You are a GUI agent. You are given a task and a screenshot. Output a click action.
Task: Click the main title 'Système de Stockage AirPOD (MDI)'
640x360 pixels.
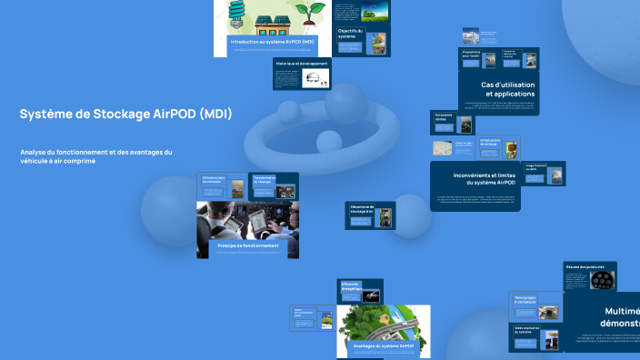[x=125, y=115]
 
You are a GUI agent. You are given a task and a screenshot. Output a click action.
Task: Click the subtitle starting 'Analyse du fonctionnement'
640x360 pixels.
[x=95, y=155]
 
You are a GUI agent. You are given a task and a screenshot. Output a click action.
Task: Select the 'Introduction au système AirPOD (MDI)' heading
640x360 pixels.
[x=272, y=43]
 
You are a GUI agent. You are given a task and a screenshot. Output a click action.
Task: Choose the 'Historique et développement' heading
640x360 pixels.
[x=302, y=64]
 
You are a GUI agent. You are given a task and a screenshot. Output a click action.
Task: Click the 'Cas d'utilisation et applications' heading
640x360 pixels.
[x=509, y=88]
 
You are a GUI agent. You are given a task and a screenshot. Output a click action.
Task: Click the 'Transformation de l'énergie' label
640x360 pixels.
[x=265, y=179]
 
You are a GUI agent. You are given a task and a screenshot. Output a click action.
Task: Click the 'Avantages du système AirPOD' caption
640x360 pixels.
[x=383, y=346]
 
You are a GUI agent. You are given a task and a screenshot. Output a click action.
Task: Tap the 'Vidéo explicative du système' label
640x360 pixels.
[x=527, y=330]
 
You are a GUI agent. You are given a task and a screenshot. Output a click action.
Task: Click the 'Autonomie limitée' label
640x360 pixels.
[x=442, y=118]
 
